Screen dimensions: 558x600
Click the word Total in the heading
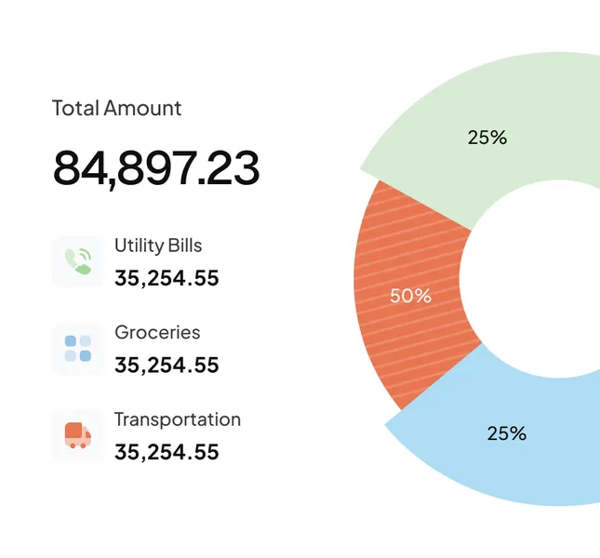(x=75, y=108)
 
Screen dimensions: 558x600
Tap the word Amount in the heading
(x=142, y=108)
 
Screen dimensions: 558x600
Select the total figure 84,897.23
(x=155, y=167)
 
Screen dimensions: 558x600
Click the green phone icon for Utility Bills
(x=77, y=261)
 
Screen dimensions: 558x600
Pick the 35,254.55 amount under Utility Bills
(x=167, y=278)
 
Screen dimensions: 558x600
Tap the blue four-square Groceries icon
(x=77, y=348)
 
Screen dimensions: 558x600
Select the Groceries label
(x=157, y=332)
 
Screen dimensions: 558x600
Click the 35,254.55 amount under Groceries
(x=167, y=365)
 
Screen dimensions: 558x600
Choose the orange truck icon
(x=77, y=434)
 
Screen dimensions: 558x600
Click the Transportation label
(x=178, y=419)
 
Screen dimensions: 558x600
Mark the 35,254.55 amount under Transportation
(x=167, y=452)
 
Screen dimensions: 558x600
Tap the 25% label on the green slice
(x=487, y=138)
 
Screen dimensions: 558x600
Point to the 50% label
(x=410, y=296)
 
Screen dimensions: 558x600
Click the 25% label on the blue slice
(x=506, y=433)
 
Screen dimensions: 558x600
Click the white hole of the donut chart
(x=549, y=279)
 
